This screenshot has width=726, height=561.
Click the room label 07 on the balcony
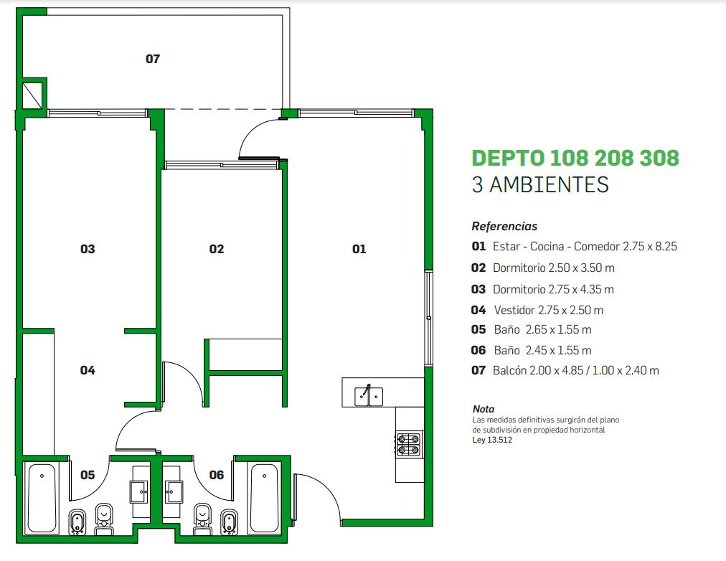pyautogui.click(x=153, y=59)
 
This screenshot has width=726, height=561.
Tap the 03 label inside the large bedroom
pyautogui.click(x=88, y=249)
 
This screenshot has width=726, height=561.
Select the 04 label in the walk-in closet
pyautogui.click(x=88, y=370)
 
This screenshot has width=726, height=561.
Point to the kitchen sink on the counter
pyautogui.click(x=369, y=396)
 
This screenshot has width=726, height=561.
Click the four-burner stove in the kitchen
pyautogui.click(x=410, y=444)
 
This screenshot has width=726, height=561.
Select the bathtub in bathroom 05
pyautogui.click(x=42, y=498)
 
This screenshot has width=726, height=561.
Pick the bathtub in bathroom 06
pyautogui.click(x=265, y=498)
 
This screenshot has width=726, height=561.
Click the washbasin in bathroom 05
pyautogui.click(x=139, y=491)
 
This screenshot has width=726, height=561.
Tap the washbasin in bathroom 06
pyautogui.click(x=174, y=491)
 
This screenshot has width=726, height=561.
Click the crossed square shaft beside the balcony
pyautogui.click(x=32, y=95)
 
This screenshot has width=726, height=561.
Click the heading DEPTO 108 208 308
pyautogui.click(x=575, y=158)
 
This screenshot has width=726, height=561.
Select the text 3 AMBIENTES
pyautogui.click(x=540, y=184)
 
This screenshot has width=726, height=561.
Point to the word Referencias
pyautogui.click(x=504, y=227)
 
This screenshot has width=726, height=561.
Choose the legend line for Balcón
pyautogui.click(x=565, y=370)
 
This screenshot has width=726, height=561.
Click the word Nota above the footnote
pyautogui.click(x=484, y=409)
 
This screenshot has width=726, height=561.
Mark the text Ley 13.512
pyautogui.click(x=492, y=440)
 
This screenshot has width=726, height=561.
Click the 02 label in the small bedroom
pyautogui.click(x=217, y=249)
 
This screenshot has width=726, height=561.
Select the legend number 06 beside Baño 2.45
pyautogui.click(x=478, y=350)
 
